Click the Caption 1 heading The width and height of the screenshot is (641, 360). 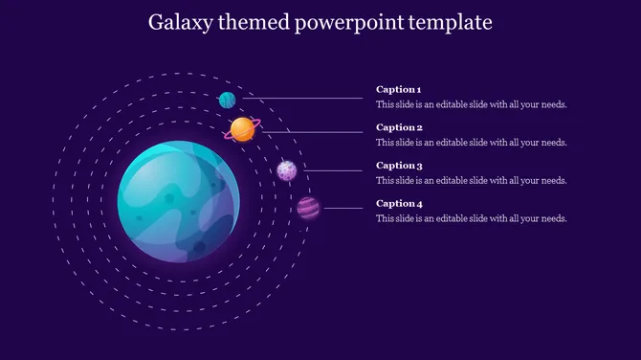click(x=398, y=90)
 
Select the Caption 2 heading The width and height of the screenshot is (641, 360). click(x=399, y=127)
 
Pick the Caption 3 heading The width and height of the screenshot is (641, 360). click(x=399, y=166)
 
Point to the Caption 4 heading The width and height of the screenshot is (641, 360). click(x=399, y=203)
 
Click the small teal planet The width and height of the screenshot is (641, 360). click(x=228, y=100)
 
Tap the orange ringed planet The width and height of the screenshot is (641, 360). click(x=243, y=129)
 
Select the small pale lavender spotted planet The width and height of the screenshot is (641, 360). click(x=287, y=170)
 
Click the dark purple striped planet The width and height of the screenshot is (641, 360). click(x=308, y=208)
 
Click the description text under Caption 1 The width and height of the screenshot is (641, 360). click(x=472, y=104)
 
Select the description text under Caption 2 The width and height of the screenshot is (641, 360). click(x=472, y=143)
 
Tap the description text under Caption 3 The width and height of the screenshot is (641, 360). click(x=472, y=180)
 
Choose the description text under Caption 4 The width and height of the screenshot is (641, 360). click(x=472, y=218)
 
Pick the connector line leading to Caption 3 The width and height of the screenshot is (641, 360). click(x=332, y=170)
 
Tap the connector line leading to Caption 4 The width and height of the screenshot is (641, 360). click(x=343, y=208)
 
